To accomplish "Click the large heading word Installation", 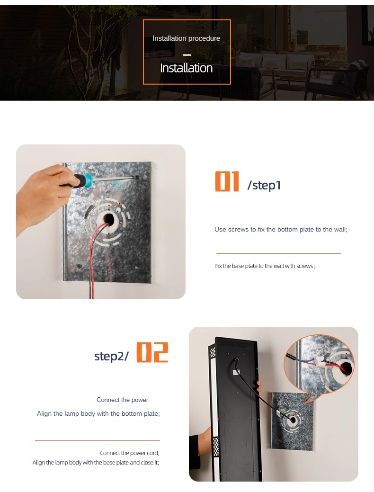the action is (187, 68).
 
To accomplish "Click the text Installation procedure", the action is (187, 38).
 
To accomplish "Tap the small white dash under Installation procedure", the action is (187, 55).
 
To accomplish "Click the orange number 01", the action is (227, 181).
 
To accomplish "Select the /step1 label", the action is (264, 185).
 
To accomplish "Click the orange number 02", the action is (152, 352).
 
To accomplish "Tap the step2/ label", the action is (111, 356).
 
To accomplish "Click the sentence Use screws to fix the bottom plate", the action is (281, 229).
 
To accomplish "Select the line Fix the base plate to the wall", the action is (265, 266).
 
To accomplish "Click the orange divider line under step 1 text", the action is (279, 253).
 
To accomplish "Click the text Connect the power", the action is (122, 400).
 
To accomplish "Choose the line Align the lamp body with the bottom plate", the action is (98, 413).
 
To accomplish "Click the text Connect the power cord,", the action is (130, 453).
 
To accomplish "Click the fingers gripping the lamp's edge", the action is (259, 386).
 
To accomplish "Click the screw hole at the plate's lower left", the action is (79, 267).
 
